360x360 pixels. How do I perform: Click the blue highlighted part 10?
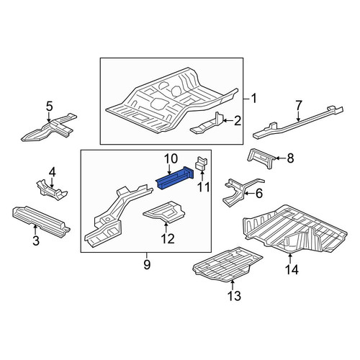175,179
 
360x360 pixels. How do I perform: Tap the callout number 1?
253,99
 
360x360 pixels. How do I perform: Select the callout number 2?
237,121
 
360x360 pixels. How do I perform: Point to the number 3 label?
35,240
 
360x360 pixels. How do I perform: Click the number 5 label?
49,107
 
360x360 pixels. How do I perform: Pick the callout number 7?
298,106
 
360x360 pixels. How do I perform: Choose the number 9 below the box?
147,265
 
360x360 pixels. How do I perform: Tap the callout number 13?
234,296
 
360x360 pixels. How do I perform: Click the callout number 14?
292,269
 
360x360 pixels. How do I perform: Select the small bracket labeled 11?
202,163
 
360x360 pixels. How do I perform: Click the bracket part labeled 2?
207,124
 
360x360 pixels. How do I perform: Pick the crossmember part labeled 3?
41,220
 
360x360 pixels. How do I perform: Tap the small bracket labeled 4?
51,189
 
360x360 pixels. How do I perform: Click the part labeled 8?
261,158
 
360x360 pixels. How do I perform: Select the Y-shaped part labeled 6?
243,192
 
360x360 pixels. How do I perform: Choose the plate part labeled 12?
164,210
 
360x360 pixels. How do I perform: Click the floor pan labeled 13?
228,264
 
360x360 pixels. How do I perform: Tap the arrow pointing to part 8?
280,158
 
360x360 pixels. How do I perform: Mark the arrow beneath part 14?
290,258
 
